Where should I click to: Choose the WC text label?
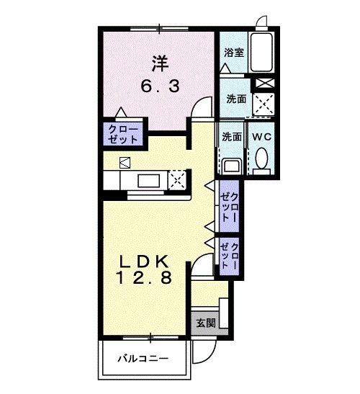[x=260, y=136]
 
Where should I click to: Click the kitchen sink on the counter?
[x=147, y=180]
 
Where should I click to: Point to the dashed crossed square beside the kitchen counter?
[x=177, y=179]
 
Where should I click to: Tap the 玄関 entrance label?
[x=204, y=323]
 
